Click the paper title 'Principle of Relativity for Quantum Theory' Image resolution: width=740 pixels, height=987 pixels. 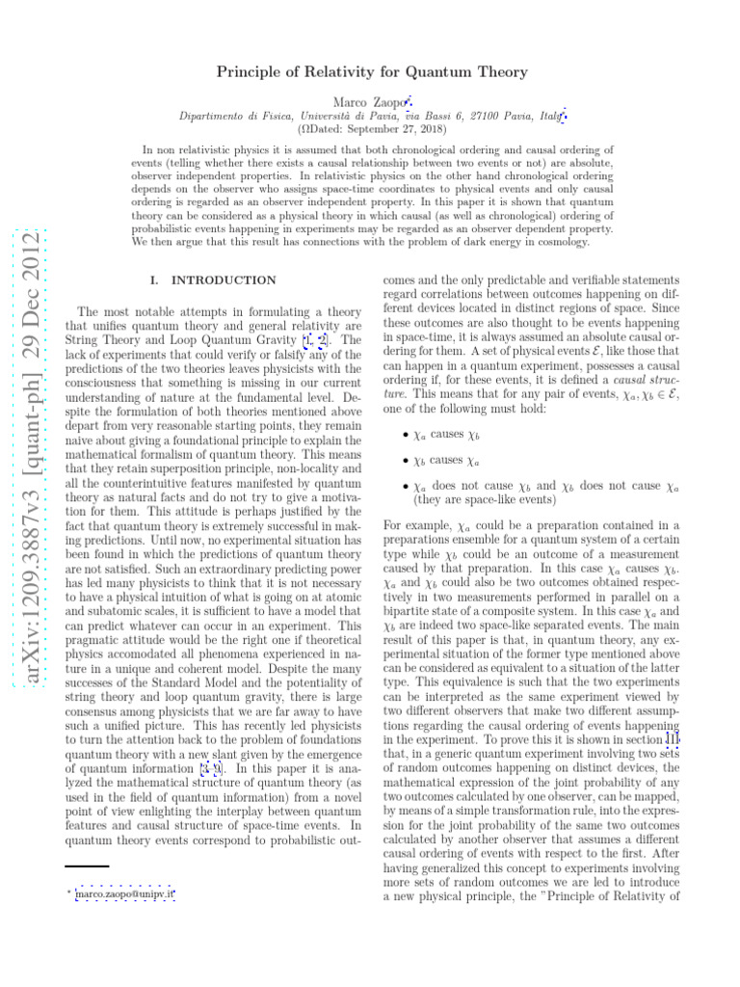(x=369, y=72)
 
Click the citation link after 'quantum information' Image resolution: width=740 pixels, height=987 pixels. (x=211, y=768)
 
